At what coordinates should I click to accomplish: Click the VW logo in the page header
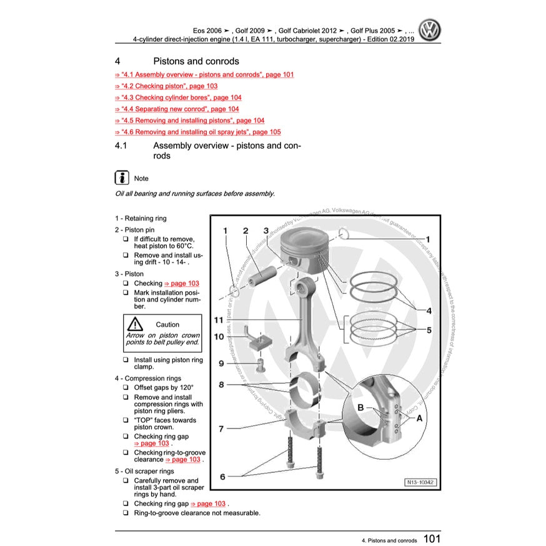point(430,30)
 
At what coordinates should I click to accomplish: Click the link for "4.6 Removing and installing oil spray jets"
point(198,132)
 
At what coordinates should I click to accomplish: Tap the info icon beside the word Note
point(122,177)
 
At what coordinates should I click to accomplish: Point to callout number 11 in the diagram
point(218,320)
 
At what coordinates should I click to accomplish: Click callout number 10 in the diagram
point(219,337)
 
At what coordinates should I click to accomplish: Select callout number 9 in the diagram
point(221,363)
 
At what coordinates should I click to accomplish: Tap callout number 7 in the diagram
point(221,429)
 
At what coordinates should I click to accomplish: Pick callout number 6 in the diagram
point(222,477)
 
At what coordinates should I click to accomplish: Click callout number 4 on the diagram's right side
point(429,310)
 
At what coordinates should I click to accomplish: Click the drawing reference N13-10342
point(418,482)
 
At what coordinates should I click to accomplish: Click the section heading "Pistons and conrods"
point(196,61)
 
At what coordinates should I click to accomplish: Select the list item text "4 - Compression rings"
point(148,379)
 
